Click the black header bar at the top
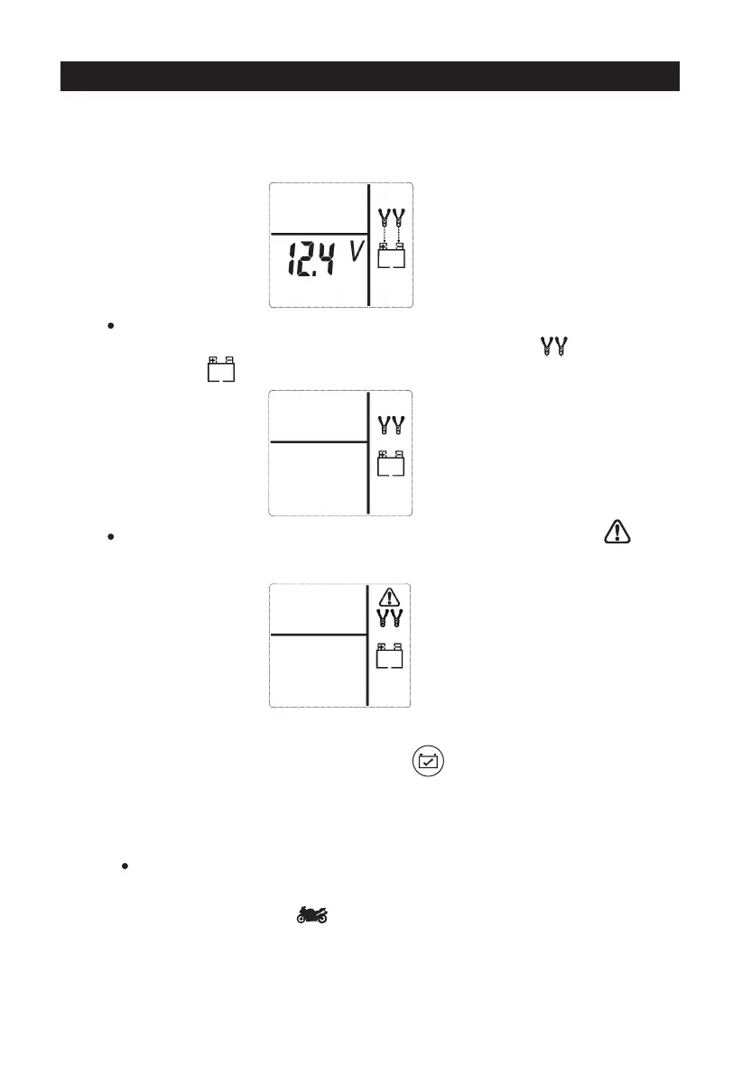[x=369, y=77]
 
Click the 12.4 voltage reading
[x=307, y=261]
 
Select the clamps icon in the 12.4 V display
[x=391, y=218]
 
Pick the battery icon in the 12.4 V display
[x=391, y=256]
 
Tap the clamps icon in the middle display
[x=391, y=426]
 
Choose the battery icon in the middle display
[x=391, y=463]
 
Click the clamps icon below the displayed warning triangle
[x=390, y=621]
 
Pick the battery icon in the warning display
[x=390, y=655]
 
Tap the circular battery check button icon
[x=429, y=762]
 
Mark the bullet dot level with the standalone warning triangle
[x=109, y=536]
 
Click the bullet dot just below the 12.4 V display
[x=109, y=325]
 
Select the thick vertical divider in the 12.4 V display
[x=368, y=245]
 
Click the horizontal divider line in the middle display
[x=318, y=442]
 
